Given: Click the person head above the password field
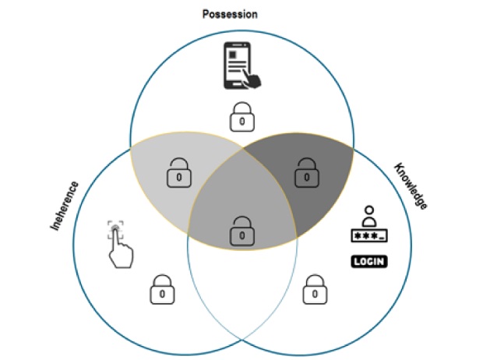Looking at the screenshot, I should (368, 214).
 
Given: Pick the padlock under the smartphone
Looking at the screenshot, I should (241, 118).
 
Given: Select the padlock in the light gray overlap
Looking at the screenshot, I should (180, 173).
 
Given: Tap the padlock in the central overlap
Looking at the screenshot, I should (242, 228).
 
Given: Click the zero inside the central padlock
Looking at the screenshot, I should (242, 233).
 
